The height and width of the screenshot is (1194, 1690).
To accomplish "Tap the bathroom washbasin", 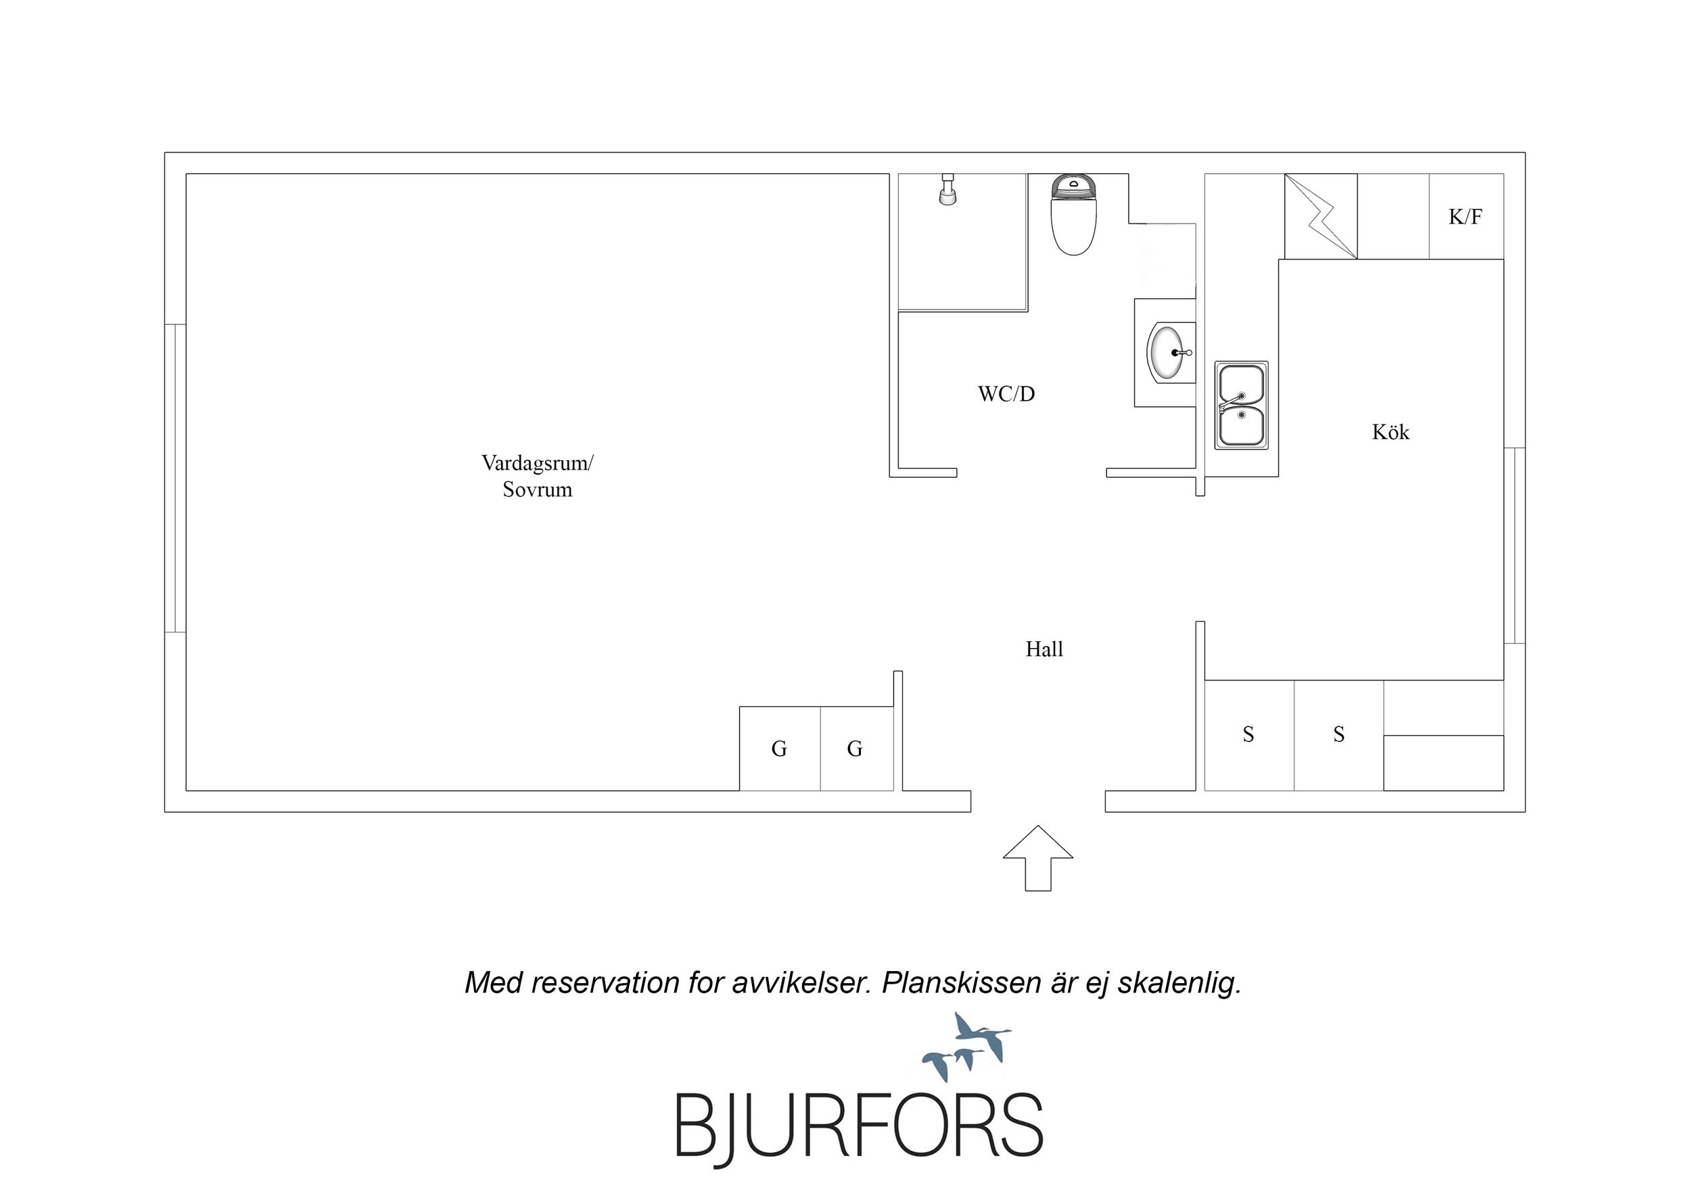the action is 1168,353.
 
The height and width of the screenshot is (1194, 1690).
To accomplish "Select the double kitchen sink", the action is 1241,405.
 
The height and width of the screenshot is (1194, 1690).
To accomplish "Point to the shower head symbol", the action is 948,189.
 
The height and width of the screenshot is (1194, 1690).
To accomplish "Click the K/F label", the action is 1465,216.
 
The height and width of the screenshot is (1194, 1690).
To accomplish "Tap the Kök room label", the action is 1390,432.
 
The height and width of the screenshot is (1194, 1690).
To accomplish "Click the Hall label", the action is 1044,649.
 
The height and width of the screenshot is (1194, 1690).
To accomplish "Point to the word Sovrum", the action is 538,490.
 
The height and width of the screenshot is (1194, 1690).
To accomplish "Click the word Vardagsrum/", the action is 538,464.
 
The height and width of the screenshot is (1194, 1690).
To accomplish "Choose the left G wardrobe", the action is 780,748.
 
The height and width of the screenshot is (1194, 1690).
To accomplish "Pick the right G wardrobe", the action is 857,748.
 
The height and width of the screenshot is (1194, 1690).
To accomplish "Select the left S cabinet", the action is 1249,735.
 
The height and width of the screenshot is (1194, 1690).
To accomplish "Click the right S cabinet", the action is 1339,735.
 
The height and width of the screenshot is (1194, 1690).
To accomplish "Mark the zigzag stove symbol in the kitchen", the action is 1321,216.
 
